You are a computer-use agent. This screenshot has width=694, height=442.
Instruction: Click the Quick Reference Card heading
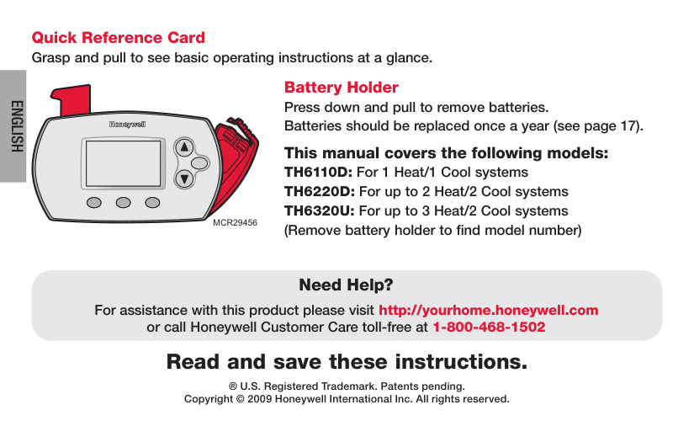pos(118,38)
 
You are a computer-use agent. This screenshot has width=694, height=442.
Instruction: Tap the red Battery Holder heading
pos(342,88)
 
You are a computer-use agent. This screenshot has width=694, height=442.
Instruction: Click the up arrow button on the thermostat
pos(184,147)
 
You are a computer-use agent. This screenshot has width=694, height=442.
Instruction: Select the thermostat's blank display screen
pos(123,163)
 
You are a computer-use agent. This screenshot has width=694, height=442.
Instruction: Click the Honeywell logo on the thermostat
pos(128,125)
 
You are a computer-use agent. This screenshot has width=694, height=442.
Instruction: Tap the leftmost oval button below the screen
pos(94,203)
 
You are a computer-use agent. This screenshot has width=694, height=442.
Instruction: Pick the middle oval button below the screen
pos(123,203)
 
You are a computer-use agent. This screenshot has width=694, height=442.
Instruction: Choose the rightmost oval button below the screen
pos(152,203)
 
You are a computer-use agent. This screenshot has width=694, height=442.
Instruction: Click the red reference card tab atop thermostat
pos(72,100)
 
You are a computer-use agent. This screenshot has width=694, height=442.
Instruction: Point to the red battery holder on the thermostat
pos(235,164)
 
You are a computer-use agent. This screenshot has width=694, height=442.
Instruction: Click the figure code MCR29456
pos(235,223)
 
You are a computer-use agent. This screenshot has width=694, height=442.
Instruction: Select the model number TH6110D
pos(318,172)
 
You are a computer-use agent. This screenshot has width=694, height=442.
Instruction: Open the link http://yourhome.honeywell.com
pos(489,310)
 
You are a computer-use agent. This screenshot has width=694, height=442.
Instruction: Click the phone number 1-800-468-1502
pos(489,327)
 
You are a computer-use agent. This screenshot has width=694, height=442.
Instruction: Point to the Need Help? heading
pos(346,285)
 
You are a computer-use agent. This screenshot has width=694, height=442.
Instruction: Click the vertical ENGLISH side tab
pos(17,126)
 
